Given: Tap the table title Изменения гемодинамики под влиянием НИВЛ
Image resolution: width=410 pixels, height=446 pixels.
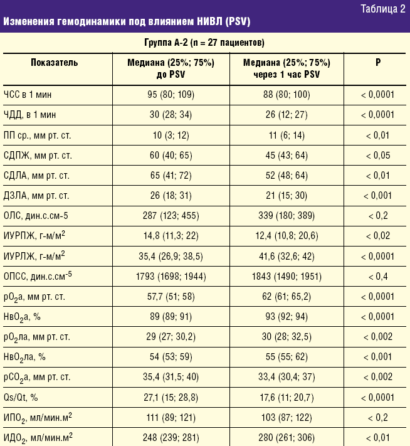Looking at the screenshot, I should pos(127,22).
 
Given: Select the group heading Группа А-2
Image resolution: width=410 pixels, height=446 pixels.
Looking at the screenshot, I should pos(204,43).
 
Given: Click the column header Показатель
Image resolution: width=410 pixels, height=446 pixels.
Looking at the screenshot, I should pos(55,63).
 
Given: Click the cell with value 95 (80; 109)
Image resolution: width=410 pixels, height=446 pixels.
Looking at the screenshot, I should pos(171,95).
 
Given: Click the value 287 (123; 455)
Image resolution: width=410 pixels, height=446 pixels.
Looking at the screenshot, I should pos(171,216).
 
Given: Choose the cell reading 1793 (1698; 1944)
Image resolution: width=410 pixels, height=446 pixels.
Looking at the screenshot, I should pos(171,275).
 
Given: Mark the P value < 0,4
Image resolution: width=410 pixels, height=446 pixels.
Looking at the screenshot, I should pos(377,275).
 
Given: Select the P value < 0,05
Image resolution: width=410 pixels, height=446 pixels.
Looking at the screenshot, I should pos(377,156).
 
